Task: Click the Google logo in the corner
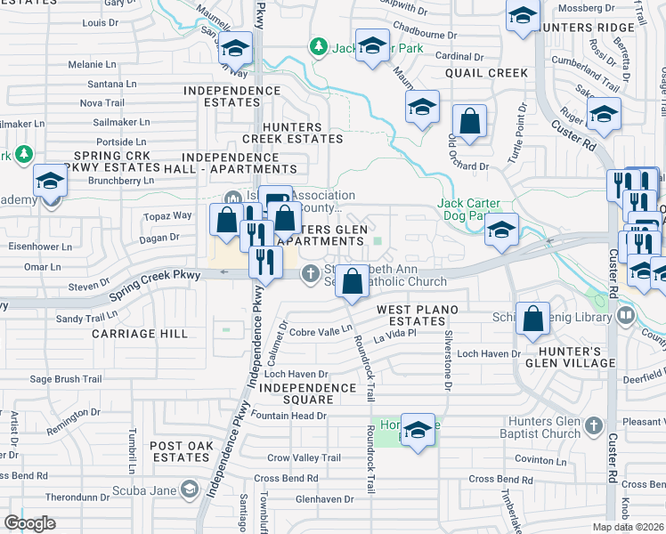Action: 30,523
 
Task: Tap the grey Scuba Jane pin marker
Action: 188,489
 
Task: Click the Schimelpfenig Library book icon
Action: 626,315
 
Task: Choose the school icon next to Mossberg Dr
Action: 522,16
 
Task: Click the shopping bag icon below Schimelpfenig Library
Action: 532,320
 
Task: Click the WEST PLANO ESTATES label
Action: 410,315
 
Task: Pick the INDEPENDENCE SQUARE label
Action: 309,394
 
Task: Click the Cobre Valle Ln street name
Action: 321,330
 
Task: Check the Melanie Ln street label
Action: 93,64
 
